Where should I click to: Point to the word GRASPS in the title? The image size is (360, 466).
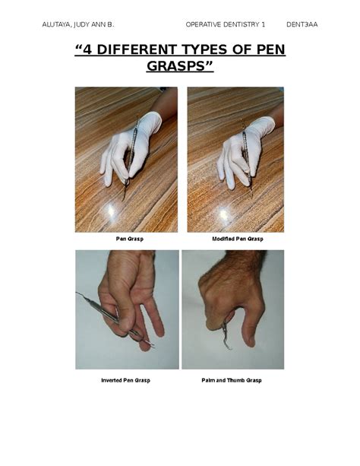(x=179, y=70)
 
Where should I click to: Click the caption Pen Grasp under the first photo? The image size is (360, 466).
(x=130, y=239)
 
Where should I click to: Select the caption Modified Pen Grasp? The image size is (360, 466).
(x=235, y=239)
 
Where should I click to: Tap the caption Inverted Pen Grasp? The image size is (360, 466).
(x=125, y=379)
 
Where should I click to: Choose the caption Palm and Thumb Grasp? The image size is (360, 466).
(x=232, y=379)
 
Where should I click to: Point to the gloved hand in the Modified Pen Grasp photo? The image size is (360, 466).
(x=243, y=148)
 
